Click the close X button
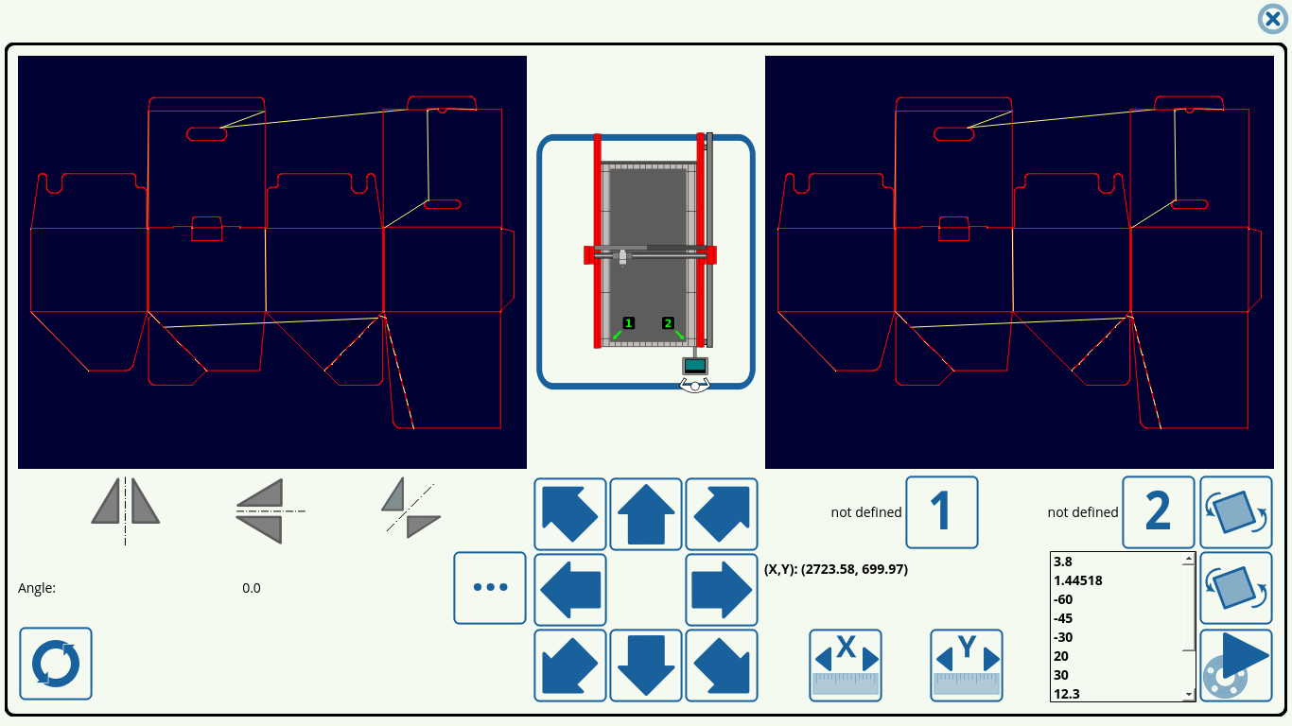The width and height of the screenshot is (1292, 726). coord(1272,19)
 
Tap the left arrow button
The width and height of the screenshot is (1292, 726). coord(570,590)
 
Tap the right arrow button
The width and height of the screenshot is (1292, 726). coord(722,590)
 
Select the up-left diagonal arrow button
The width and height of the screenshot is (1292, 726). coord(570,514)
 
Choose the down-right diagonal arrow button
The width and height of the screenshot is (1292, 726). coord(722,665)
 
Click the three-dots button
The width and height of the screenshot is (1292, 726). coord(490,588)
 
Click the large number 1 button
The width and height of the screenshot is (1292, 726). coord(942,512)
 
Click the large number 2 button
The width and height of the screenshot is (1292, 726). coord(1159,512)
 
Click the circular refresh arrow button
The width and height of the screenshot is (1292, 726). coord(56,664)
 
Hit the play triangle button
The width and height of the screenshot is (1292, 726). coord(1236,665)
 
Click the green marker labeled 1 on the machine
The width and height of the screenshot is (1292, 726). coord(629,323)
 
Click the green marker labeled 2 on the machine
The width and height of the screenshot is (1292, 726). coord(668,323)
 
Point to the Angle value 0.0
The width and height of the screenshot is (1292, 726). coord(252,588)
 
